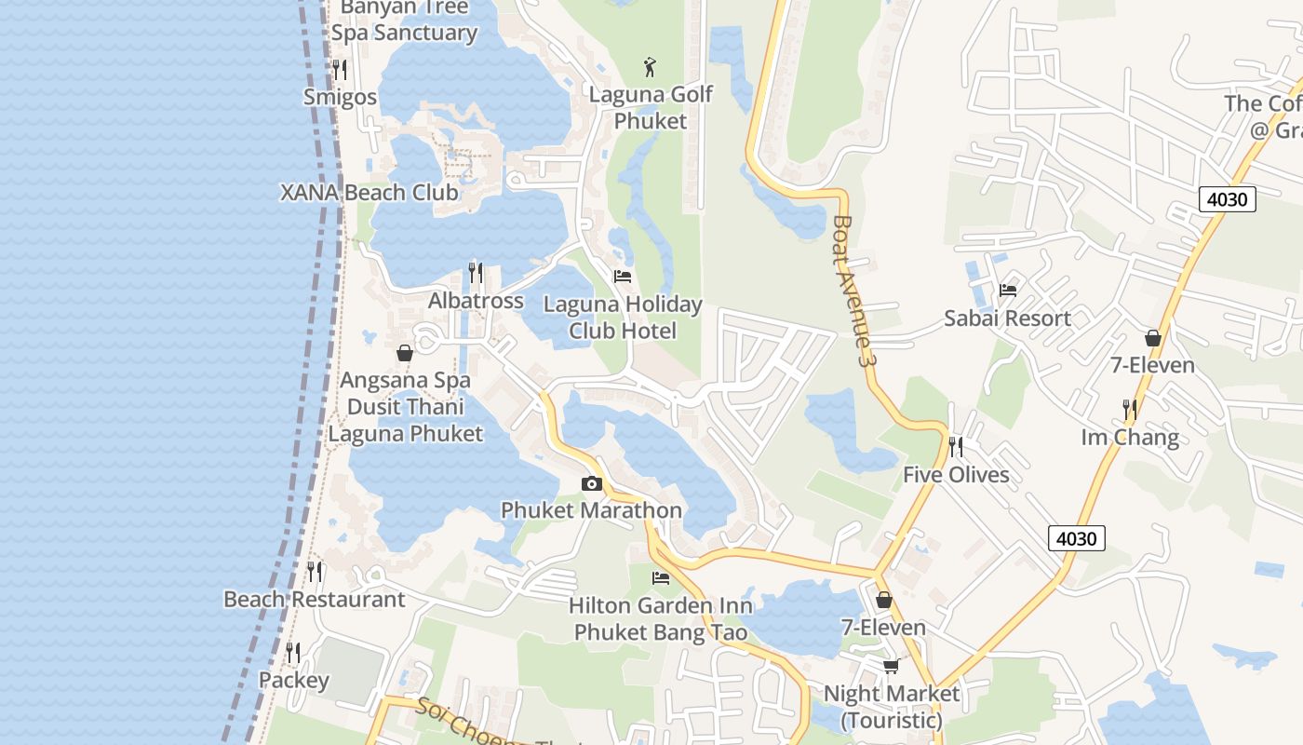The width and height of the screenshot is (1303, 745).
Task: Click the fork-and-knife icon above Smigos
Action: coord(340,69)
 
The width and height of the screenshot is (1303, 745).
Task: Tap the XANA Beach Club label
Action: coord(369,193)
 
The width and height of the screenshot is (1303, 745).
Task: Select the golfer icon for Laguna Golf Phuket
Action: coord(651,67)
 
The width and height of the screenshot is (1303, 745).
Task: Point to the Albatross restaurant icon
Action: coord(476,272)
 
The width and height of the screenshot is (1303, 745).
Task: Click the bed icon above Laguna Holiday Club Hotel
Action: coord(623,277)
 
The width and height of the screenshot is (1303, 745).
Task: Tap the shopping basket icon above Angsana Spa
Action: coord(405,353)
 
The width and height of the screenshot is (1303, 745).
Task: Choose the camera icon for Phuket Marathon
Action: coord(591,483)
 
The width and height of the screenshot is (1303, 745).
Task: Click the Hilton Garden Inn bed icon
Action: coord(661,578)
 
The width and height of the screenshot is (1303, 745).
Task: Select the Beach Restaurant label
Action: coord(315,599)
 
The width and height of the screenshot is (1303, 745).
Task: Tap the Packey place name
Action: coord(294,680)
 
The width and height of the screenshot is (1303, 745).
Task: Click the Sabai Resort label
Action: coord(1007,318)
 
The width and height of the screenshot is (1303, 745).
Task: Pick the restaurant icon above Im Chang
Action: coord(1130,410)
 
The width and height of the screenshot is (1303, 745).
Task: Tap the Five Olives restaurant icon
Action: coord(956,447)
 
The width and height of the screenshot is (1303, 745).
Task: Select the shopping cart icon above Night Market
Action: coord(891,666)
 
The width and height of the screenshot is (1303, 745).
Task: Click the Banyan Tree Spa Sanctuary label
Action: coord(405,20)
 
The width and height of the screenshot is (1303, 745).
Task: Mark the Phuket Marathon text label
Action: coord(591,510)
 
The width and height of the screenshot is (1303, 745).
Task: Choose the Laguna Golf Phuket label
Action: coord(651,107)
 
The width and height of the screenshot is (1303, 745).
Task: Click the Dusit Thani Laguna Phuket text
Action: coord(405,420)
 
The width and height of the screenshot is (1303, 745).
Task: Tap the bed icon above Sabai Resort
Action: coord(1007,291)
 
